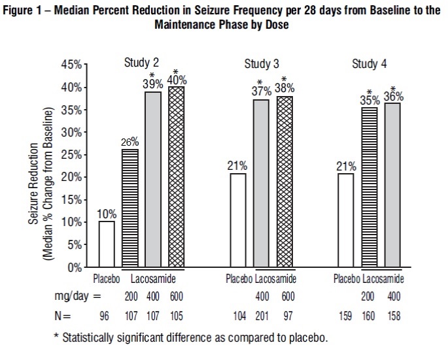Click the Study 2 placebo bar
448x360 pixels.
click(x=107, y=244)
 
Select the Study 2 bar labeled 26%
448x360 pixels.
click(x=130, y=208)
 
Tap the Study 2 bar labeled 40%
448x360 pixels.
click(x=176, y=177)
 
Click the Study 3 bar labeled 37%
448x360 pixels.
click(x=261, y=184)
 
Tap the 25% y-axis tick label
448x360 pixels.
click(x=71, y=155)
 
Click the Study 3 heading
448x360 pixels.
click(x=262, y=64)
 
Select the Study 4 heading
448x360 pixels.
click(x=370, y=64)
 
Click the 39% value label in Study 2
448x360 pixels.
click(x=152, y=84)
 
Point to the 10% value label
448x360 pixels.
click(x=107, y=214)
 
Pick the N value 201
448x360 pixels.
click(x=261, y=318)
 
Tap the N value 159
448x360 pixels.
click(x=345, y=318)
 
